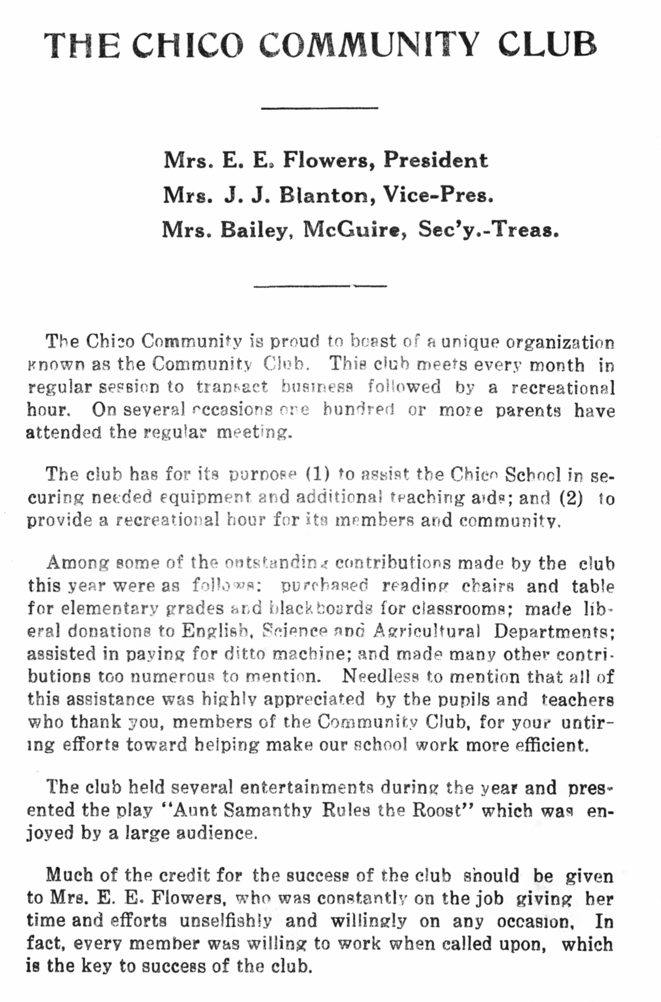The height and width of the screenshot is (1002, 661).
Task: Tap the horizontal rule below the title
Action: (319, 108)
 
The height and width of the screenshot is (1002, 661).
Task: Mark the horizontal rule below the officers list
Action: (320, 286)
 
